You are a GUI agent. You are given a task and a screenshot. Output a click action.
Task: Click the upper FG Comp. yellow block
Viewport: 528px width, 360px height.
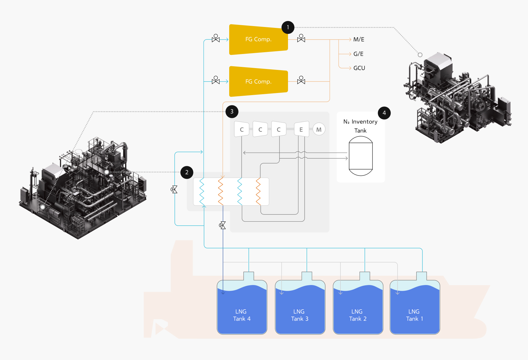258,39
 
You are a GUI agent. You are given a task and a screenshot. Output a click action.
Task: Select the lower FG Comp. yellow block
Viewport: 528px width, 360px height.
258,81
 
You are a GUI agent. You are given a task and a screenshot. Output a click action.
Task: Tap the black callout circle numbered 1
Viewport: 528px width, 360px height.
288,27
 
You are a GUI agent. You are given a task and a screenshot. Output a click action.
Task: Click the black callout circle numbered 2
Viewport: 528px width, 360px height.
187,172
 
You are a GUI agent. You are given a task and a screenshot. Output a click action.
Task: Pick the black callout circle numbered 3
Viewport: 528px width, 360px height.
232,112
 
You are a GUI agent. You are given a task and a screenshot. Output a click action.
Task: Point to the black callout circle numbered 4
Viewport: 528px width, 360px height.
384,113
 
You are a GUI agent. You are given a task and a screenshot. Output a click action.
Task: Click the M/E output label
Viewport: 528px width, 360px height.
359,39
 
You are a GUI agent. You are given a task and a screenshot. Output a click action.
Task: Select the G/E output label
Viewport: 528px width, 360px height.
358,54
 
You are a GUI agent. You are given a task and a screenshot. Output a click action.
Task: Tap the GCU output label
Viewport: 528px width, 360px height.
359,68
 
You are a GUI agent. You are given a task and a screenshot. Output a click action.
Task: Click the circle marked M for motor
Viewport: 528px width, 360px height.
319,130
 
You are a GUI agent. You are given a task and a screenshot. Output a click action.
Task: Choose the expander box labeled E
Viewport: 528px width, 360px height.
301,129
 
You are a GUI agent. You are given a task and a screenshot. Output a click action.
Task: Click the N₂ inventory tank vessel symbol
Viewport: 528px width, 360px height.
361,156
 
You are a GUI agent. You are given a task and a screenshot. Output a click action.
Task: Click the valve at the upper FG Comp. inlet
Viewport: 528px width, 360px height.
216,39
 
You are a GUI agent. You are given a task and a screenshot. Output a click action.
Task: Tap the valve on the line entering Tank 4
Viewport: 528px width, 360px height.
223,225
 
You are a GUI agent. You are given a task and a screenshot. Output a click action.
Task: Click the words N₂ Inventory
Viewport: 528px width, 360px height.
360,121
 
